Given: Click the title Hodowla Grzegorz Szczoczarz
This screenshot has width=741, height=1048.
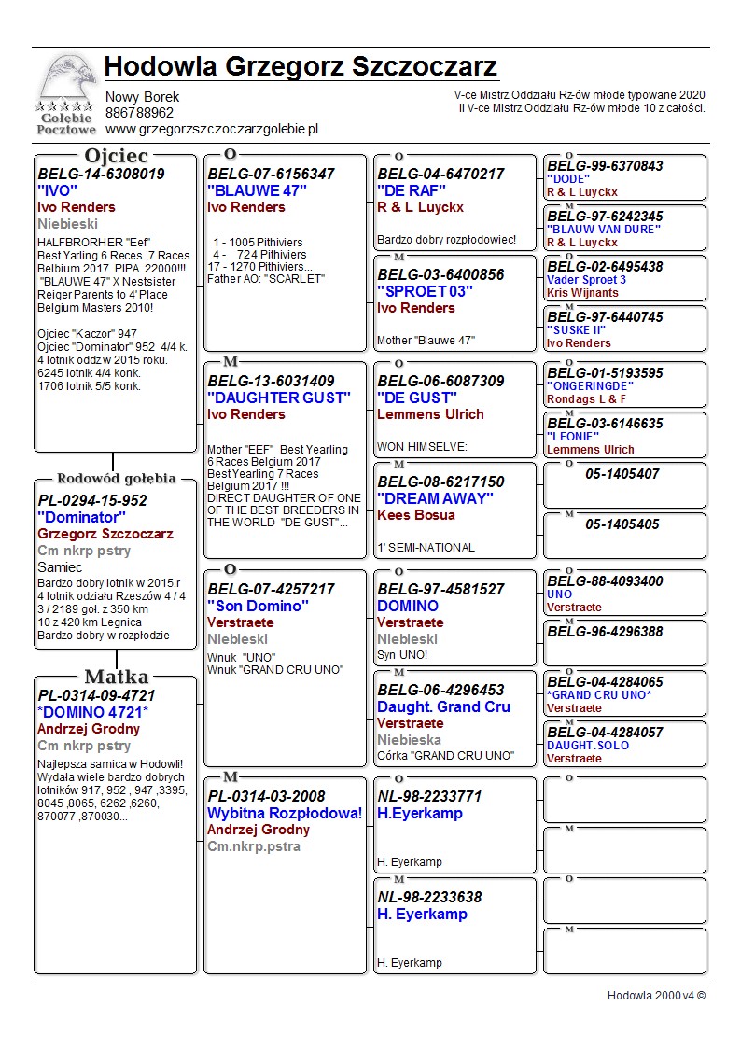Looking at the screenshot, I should (x=301, y=67).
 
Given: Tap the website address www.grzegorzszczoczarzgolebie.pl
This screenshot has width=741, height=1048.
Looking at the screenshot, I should (x=212, y=129).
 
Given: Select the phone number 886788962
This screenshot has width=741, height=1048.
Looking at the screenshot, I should (x=139, y=113).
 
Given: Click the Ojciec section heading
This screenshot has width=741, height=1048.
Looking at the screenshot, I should (x=116, y=156).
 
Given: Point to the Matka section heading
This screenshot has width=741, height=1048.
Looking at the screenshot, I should (x=116, y=677).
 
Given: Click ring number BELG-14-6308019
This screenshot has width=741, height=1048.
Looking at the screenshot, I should (x=101, y=174).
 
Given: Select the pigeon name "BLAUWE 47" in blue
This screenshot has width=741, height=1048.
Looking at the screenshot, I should (x=258, y=190).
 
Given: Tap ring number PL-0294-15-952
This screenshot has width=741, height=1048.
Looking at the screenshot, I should (x=92, y=500).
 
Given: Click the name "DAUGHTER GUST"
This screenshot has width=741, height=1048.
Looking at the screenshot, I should (x=271, y=398).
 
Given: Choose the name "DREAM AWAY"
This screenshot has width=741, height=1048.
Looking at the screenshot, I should (x=435, y=498).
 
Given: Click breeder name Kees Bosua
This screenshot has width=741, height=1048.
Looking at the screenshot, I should (x=416, y=515).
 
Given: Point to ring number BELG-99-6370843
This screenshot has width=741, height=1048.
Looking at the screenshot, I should (x=605, y=166).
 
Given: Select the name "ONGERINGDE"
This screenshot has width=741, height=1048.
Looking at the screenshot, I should (x=590, y=386).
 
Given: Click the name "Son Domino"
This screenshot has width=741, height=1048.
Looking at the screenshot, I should (x=258, y=606).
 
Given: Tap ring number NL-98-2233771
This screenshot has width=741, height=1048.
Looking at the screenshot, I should (x=429, y=796).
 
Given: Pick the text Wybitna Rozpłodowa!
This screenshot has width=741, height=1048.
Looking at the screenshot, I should (x=285, y=813).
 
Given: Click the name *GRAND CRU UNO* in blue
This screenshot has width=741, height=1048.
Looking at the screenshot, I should (x=599, y=695).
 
